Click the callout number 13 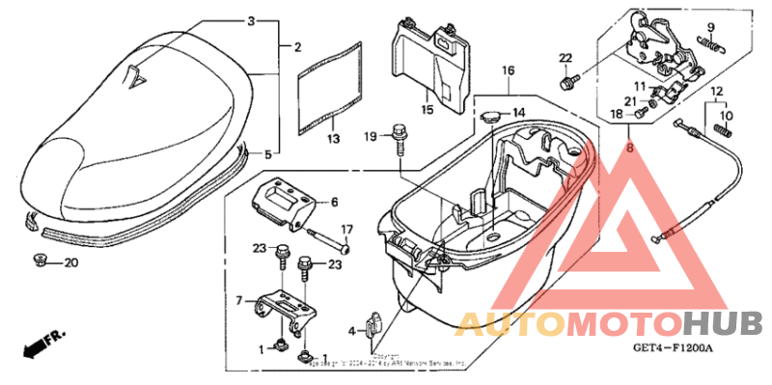333,140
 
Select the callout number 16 509,70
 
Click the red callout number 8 630,147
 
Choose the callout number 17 348,230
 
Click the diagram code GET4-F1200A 672,348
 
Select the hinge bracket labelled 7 286,307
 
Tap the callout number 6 335,203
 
